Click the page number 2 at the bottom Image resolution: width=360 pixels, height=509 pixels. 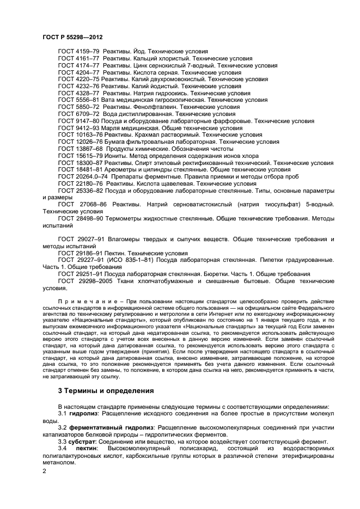point(44,471)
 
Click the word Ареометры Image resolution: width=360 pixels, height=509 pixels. point(121,170)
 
